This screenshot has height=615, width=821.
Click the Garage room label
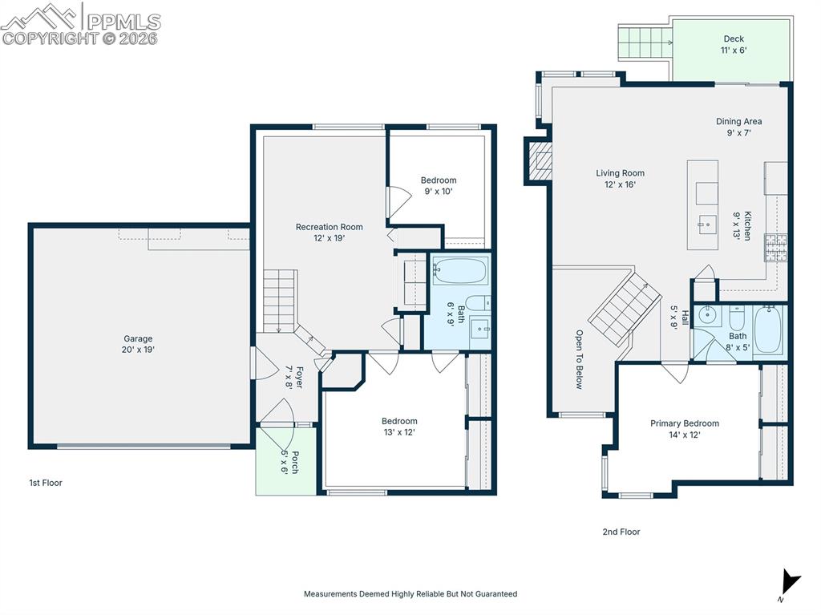point(138,344)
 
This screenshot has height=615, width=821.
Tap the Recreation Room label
point(330,233)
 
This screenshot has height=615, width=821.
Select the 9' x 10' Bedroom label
point(439,186)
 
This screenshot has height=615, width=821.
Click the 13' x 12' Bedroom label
point(399,427)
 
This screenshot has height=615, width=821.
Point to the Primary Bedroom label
point(685,429)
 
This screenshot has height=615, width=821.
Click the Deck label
point(734,45)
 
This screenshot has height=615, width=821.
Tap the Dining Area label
point(738,127)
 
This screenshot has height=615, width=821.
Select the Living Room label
point(621,179)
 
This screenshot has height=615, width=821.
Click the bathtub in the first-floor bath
point(460,271)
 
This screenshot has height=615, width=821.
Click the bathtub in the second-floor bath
point(769,330)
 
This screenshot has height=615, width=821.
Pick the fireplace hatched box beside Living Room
point(540,161)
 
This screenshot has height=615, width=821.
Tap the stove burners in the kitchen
point(776,247)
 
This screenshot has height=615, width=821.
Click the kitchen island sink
point(707,225)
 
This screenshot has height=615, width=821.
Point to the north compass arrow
point(790,582)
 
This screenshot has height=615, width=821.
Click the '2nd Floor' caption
point(621,532)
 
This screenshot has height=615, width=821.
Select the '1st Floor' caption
point(46,483)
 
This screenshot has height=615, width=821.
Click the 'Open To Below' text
point(579,359)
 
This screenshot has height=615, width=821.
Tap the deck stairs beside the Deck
point(645,42)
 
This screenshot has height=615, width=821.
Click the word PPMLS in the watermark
point(123,22)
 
